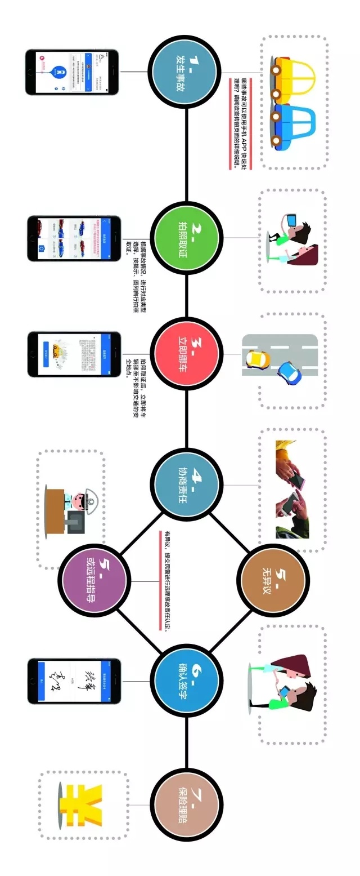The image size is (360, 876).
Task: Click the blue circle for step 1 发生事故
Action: pyautogui.click(x=186, y=72)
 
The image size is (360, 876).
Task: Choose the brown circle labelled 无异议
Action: pyautogui.click(x=272, y=580)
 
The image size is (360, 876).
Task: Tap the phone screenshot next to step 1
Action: pyautogui.click(x=72, y=72)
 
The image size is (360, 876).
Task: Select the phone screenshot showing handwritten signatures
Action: pyautogui.click(x=74, y=681)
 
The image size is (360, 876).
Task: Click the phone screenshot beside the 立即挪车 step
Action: pyautogui.click(x=74, y=354)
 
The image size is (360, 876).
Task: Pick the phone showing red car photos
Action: pyautogui.click(x=74, y=238)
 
